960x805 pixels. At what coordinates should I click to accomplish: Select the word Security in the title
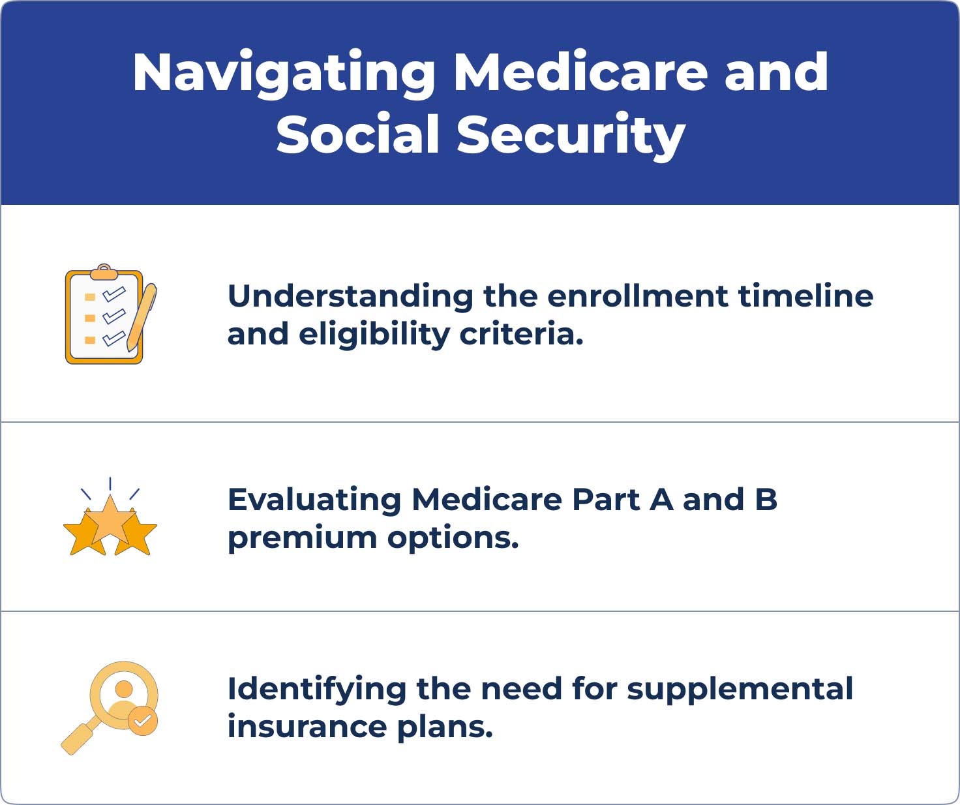[571, 136]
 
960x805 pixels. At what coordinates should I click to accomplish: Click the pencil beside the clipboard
[142, 316]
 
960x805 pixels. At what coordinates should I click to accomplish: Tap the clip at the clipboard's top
[104, 272]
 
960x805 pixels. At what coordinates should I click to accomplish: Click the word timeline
[806, 296]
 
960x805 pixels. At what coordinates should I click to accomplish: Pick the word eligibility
[374, 335]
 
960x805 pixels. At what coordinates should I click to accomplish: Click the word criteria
[521, 333]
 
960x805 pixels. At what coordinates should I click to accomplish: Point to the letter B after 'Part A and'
[766, 499]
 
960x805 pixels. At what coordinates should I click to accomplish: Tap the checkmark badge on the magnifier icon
[143, 720]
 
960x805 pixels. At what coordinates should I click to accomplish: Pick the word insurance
[307, 727]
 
